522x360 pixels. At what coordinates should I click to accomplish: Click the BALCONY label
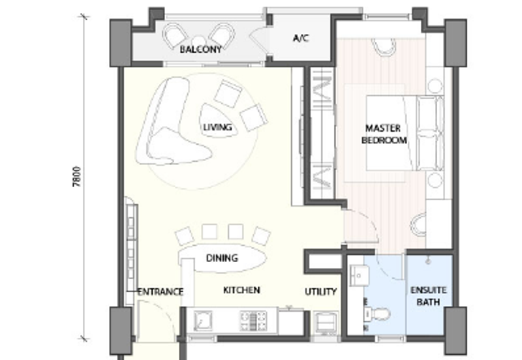coord(200,49)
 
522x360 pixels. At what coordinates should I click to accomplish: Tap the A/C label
coord(300,38)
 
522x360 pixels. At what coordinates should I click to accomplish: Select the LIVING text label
coord(217,127)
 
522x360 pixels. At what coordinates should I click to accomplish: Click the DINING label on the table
coord(222,258)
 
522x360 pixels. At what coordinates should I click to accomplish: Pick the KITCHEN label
coord(241,290)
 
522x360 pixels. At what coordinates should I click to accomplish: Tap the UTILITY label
coord(320,292)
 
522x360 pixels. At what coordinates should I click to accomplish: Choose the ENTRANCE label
coord(161,292)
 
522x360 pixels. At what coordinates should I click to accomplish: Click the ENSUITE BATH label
coord(428,297)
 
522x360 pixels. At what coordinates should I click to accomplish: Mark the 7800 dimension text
coord(76,177)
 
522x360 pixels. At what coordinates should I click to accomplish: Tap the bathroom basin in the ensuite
coord(358,277)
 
